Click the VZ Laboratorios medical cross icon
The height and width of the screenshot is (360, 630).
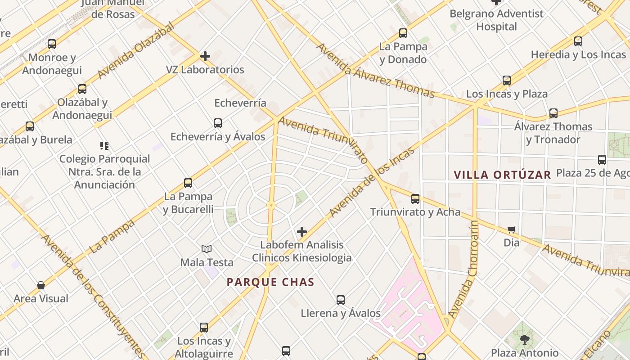click(205, 56)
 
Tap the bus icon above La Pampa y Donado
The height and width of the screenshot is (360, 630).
click(403, 33)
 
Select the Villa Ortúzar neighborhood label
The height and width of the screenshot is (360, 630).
click(502, 175)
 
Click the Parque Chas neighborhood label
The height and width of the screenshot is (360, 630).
click(270, 282)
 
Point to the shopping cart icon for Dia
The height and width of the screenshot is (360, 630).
click(512, 230)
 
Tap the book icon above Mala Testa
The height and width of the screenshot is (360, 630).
click(207, 249)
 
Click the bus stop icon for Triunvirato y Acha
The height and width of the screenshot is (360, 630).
click(415, 198)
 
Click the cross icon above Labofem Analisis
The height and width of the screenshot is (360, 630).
click(302, 232)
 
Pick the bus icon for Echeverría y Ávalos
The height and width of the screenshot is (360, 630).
click(218, 123)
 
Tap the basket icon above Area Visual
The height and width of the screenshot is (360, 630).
click(41, 285)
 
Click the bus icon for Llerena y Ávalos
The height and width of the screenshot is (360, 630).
click(341, 300)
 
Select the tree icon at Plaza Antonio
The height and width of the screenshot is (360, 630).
click(524, 339)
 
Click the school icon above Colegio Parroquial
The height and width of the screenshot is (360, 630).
click(104, 145)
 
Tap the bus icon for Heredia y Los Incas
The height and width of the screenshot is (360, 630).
click(578, 41)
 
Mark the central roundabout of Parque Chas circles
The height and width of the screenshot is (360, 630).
click(271, 205)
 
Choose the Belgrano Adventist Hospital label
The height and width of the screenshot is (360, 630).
click(497, 20)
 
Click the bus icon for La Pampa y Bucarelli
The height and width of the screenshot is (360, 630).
click(188, 183)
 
